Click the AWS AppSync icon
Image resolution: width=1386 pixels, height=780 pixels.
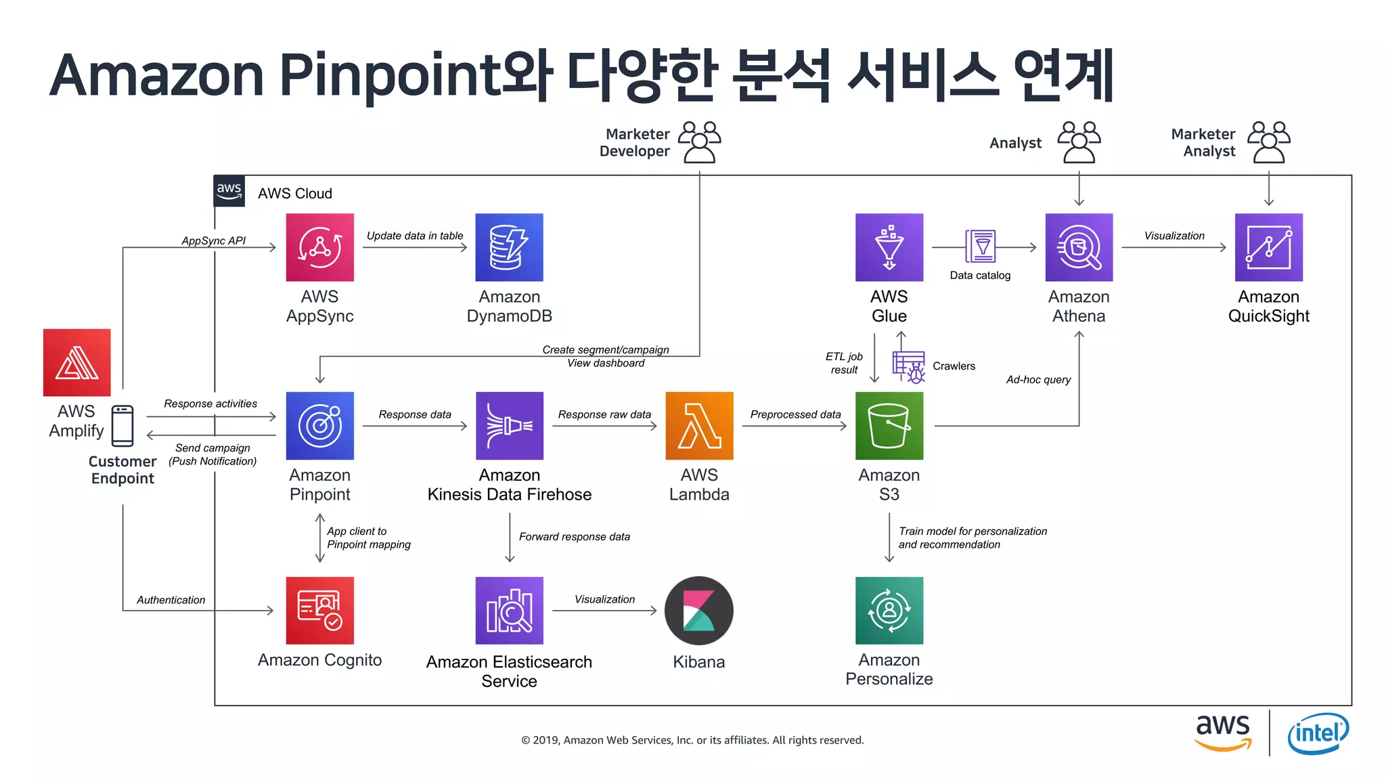coord(319,247)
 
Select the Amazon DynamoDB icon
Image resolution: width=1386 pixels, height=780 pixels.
coord(509,247)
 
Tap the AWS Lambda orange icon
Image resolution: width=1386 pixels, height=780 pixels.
coord(699,425)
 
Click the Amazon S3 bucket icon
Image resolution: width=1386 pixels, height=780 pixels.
coord(889,425)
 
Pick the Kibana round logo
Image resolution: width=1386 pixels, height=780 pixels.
coord(699,610)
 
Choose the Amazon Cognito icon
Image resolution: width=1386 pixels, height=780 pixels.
coord(319,610)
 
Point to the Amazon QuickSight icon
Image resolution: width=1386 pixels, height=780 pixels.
coord(1268,247)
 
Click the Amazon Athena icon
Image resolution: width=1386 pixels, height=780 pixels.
coord(1079,247)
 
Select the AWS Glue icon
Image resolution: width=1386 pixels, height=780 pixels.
coord(889,247)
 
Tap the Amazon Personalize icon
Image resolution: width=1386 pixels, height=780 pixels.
coord(889,610)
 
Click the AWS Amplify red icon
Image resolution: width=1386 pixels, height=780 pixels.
coord(76,362)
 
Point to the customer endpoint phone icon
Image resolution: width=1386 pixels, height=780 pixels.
coord(122,426)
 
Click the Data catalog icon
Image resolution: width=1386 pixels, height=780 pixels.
coord(981,246)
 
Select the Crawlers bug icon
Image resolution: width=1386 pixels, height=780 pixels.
coord(909,367)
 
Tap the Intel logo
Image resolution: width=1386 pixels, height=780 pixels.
coord(1318,733)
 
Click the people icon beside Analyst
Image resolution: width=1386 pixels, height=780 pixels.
coord(1079,142)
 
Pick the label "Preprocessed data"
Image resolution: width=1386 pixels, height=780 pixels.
coord(795,414)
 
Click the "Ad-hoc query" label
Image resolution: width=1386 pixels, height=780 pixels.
coord(1038,380)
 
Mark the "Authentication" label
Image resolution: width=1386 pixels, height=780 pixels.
coord(171,600)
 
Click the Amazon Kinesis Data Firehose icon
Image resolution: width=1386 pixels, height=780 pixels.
coord(509,425)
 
